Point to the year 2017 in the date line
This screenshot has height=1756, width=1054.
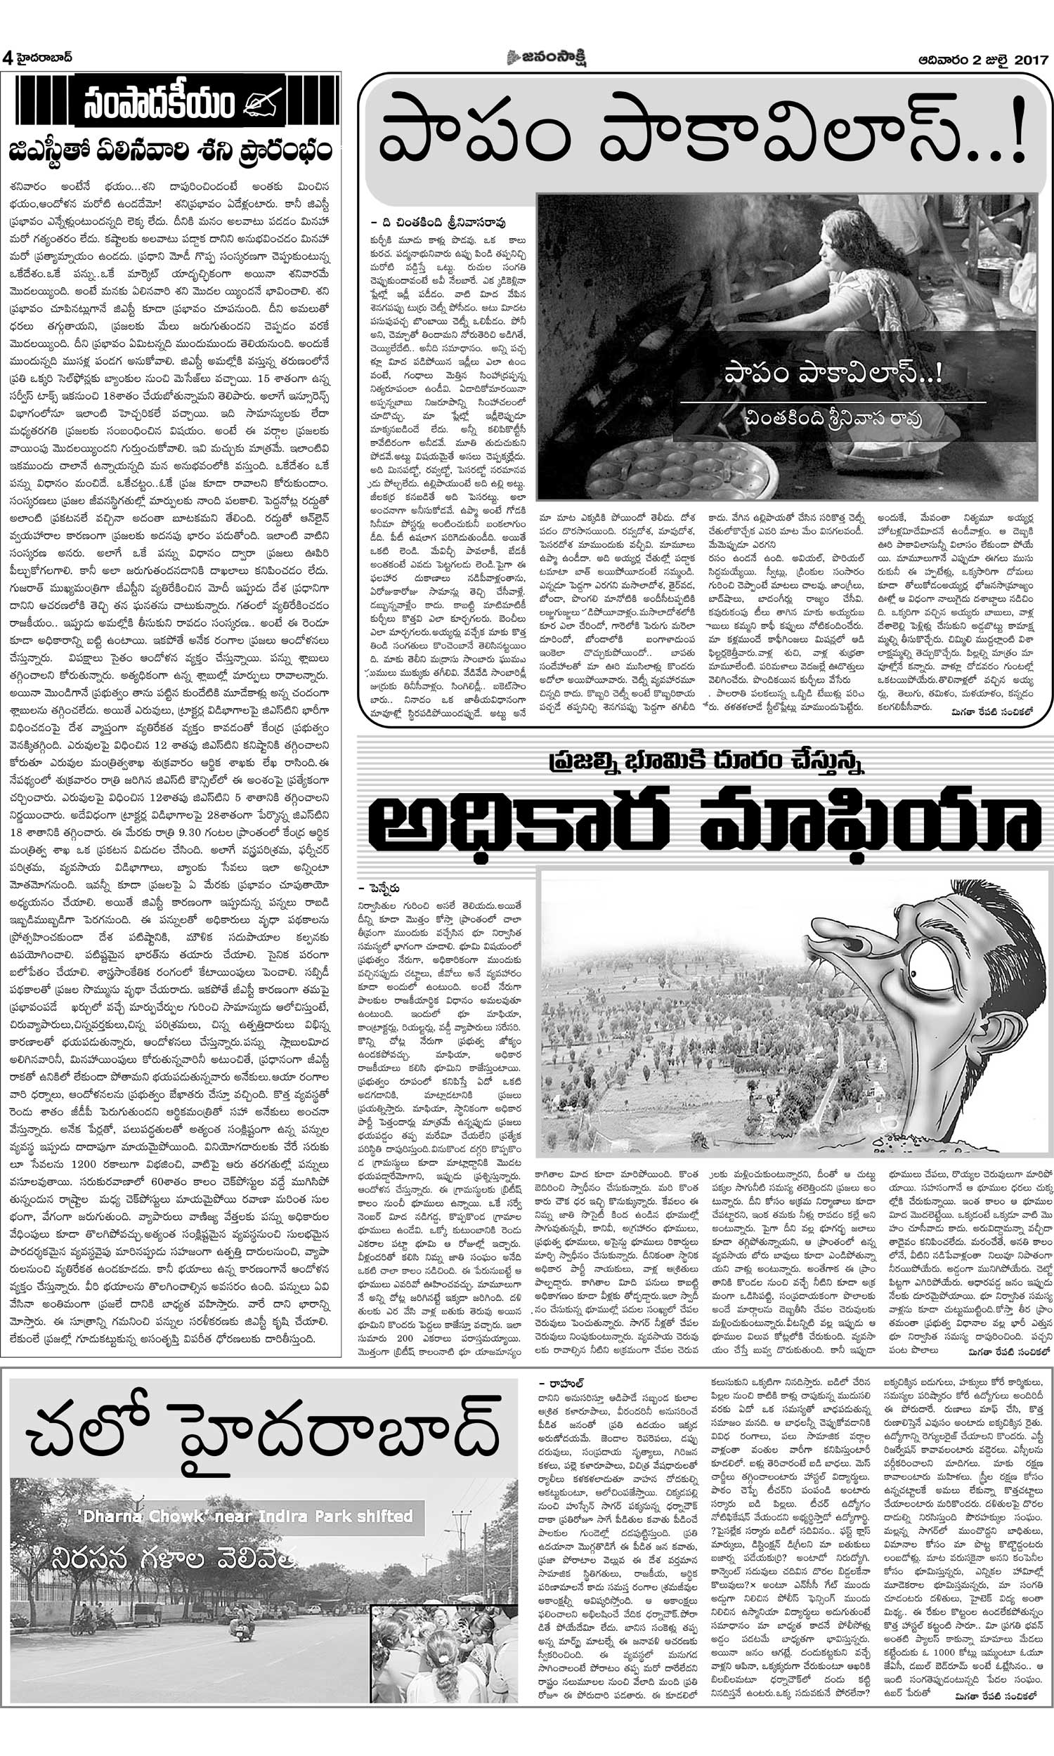pyautogui.click(x=1031, y=58)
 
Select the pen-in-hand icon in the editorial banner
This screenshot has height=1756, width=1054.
pyautogui.click(x=263, y=103)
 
